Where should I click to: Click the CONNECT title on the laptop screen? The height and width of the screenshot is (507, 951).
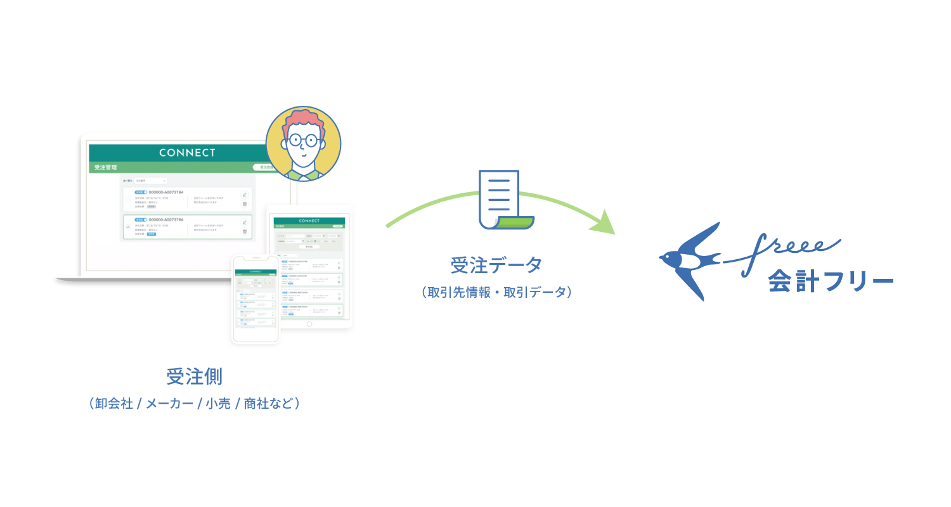point(187,153)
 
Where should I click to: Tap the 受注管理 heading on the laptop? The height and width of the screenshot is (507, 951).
point(105,168)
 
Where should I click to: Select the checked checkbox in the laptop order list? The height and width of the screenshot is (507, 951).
point(127,226)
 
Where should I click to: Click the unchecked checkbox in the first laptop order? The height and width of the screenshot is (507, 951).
point(127,199)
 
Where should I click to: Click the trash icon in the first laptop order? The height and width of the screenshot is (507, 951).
point(245,204)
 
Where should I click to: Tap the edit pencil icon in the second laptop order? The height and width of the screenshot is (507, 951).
point(245,222)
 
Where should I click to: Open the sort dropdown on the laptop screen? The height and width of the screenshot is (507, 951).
point(151,181)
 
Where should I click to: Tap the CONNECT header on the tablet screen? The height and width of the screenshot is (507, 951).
point(309,221)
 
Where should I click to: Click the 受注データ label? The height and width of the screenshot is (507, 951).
point(496,266)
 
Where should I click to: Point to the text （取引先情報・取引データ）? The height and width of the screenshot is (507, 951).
point(496,292)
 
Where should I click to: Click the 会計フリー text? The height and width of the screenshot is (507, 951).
point(831,282)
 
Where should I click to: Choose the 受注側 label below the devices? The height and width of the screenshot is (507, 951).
point(194,376)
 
